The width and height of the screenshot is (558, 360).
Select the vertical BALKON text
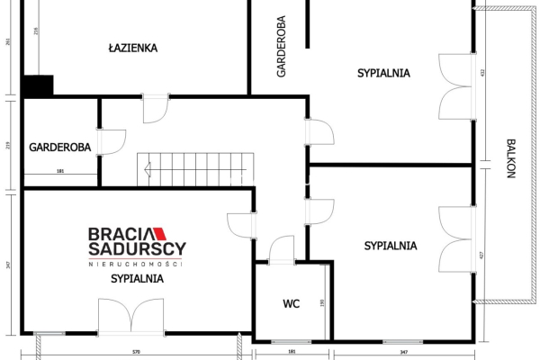510,159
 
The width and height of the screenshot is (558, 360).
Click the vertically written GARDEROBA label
282,47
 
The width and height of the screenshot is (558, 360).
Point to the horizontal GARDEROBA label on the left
60,147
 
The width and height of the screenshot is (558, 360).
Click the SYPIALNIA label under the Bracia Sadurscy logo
137,279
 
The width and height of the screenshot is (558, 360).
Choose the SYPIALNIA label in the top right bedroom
383,72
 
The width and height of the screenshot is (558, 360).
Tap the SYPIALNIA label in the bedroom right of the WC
391,245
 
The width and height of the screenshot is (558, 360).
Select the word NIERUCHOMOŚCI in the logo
136,264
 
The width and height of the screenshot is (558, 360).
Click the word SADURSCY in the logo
136,249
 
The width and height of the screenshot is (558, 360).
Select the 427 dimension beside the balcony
482,256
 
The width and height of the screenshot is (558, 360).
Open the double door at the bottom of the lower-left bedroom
132,318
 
